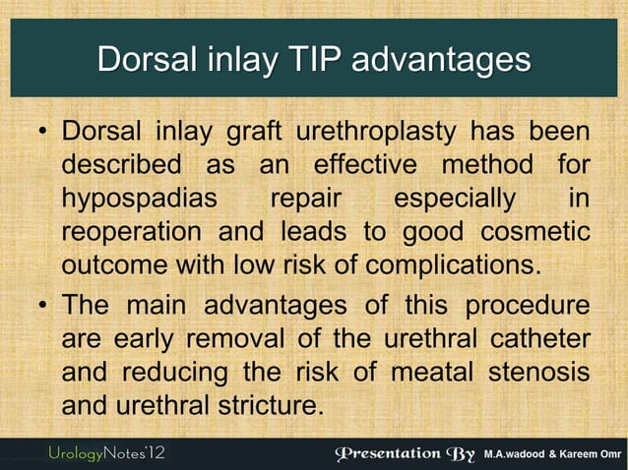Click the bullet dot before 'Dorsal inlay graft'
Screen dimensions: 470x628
pos(43,133)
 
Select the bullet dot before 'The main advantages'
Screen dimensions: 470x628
pos(43,304)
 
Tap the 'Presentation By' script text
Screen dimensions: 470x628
pos(406,453)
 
